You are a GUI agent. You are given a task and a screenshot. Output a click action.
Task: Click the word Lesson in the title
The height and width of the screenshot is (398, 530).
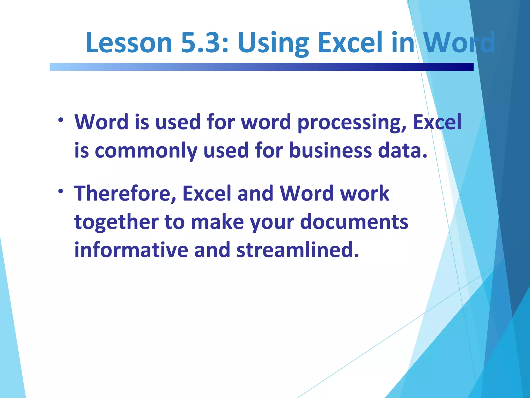[129, 43]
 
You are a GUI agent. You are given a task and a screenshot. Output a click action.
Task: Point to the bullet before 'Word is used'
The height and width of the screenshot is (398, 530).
[61, 120]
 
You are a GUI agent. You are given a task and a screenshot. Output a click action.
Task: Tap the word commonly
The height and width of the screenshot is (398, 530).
[146, 151]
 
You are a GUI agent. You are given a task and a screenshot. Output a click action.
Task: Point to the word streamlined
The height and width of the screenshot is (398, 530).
[298, 250]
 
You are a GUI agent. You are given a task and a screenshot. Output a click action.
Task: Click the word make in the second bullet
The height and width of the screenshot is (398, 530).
[217, 222]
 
